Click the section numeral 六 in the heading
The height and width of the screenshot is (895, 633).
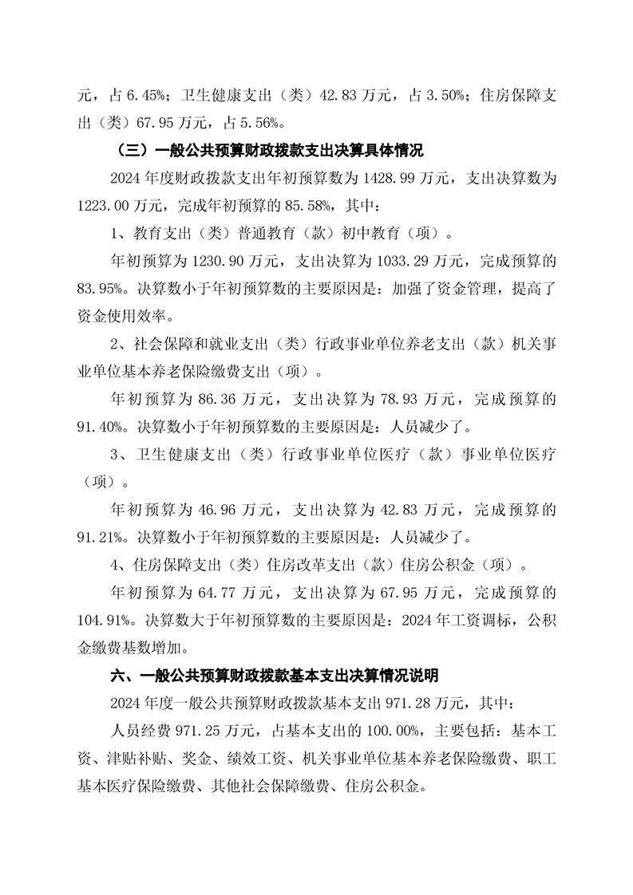[117, 675]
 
